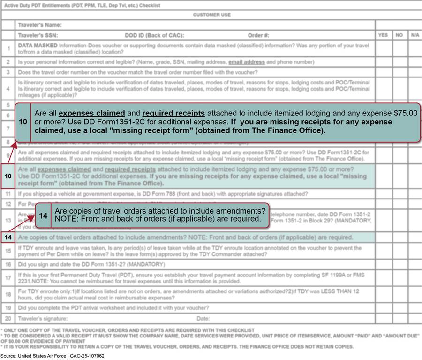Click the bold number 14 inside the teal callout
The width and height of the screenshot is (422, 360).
pos(43,215)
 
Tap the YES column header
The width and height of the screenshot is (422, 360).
pos(383,35)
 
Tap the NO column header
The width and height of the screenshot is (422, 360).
pos(399,35)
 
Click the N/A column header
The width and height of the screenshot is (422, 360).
pos(415,35)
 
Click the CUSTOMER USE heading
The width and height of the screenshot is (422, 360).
pos(211,15)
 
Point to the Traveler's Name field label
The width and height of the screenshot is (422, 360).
pos(39,25)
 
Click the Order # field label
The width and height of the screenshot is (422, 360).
pos(258,35)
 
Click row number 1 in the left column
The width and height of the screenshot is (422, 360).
pos(8,48)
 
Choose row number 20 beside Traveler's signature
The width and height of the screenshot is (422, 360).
pos(8,319)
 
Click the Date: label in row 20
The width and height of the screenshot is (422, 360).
pos(203,319)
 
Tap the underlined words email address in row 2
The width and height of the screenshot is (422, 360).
pos(247,62)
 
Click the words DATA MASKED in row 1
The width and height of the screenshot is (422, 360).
pos(38,46)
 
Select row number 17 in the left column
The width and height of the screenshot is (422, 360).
pos(8,278)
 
